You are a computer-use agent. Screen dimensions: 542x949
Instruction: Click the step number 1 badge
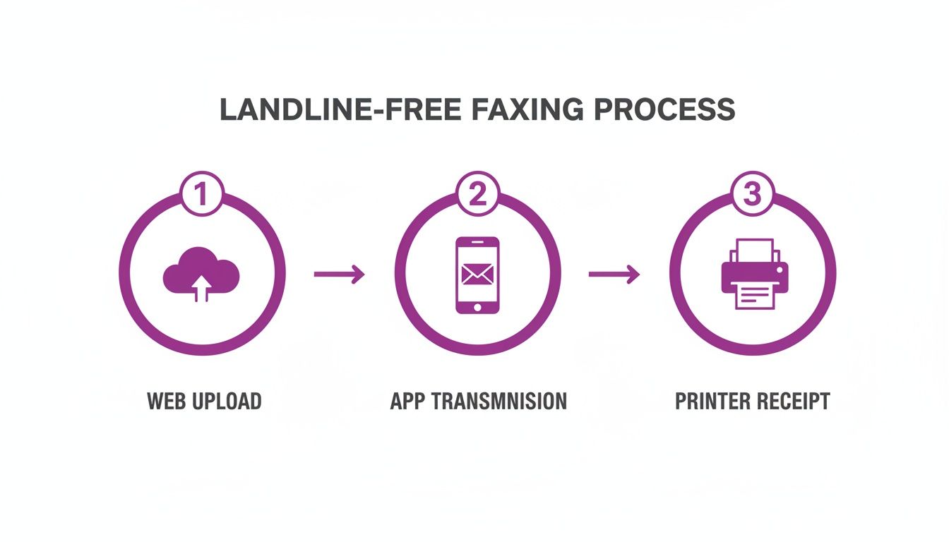coord(202,194)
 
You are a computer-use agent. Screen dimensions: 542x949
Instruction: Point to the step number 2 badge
coord(477,194)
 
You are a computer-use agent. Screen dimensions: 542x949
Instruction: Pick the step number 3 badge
coord(752,194)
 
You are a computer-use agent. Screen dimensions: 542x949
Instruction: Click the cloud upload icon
coord(201,274)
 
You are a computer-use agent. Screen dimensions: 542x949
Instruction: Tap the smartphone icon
coord(477,275)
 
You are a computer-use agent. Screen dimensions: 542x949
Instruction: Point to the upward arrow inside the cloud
coord(202,286)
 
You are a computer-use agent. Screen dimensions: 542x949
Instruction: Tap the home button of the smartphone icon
coord(477,307)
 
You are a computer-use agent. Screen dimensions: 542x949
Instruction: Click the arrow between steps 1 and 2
coord(339,275)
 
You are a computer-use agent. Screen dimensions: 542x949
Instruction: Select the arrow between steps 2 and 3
coord(614,275)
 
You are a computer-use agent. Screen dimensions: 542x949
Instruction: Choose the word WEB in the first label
coord(163,402)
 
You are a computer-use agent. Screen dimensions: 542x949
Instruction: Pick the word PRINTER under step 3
coord(709,402)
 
